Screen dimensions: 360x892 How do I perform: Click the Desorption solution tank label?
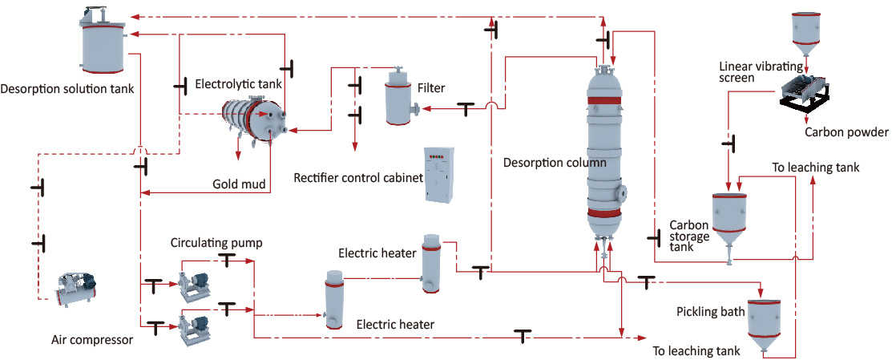pyautogui.click(x=67, y=87)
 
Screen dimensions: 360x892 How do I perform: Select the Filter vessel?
pyautogui.click(x=398, y=98)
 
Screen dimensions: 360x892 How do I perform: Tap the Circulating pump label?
pyautogui.click(x=216, y=241)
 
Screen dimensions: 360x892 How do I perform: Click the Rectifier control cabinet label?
pyautogui.click(x=358, y=177)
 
